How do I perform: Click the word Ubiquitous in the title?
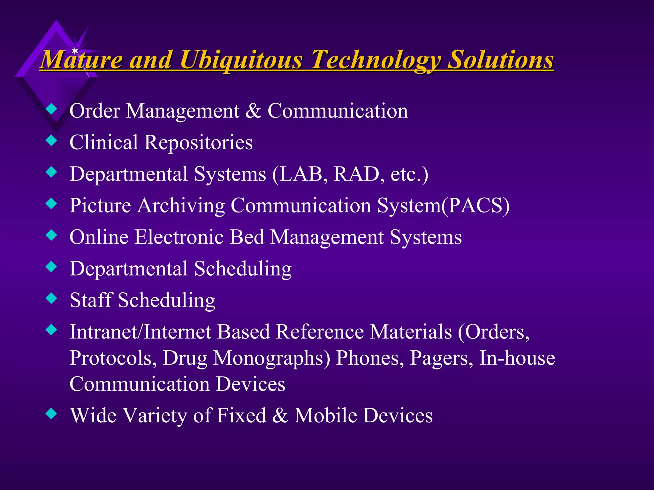(x=241, y=60)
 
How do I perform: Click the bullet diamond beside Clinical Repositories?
(x=51, y=140)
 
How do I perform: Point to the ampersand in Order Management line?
(x=254, y=111)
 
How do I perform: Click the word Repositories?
(x=198, y=143)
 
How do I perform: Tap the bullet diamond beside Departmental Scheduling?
(x=51, y=267)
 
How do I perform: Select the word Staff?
(x=91, y=300)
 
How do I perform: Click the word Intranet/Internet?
(x=141, y=332)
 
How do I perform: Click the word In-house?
(x=517, y=358)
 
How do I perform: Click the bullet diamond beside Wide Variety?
(x=51, y=414)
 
